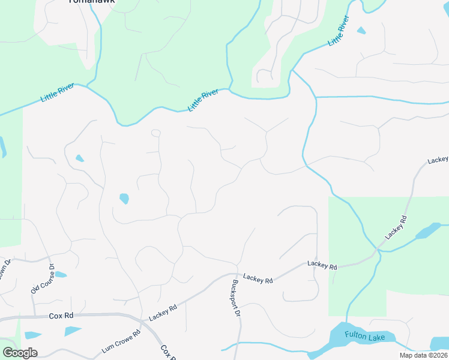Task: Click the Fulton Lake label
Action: pos(365,337)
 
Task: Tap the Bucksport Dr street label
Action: pos(236,298)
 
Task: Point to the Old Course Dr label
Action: pos(43,280)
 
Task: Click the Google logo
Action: pos(20,353)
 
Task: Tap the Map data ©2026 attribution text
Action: pos(424,355)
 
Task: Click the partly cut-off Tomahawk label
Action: pos(91,2)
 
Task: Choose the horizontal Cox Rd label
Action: pos(61,315)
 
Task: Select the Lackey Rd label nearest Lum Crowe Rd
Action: pos(163,312)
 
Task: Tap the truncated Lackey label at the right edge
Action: pos(438,161)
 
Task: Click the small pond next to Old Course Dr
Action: pos(60,275)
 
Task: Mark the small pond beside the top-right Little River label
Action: pos(361,30)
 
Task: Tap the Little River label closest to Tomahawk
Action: pos(58,93)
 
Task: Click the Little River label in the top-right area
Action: pos(339,33)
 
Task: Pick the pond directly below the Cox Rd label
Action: pos(72,331)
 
